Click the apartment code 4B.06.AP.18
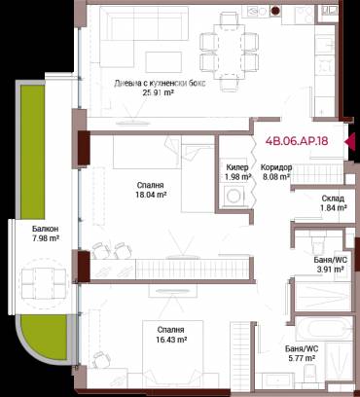coord(297,141)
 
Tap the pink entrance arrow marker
coord(350,141)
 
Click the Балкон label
coord(45,229)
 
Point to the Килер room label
coord(237,167)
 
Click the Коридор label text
coord(276,167)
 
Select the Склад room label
coord(333,198)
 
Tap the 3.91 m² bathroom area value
coord(330,269)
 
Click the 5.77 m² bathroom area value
coord(302,358)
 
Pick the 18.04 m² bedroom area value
coord(151,195)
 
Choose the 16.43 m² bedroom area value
coord(171,340)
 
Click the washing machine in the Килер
coord(234,196)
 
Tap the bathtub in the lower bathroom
coord(324,328)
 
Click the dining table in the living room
coord(229,52)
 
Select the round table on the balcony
coord(44,283)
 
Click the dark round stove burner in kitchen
coord(275,11)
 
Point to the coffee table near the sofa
coord(163,62)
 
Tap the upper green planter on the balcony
coord(32,152)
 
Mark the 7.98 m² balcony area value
coord(45,238)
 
